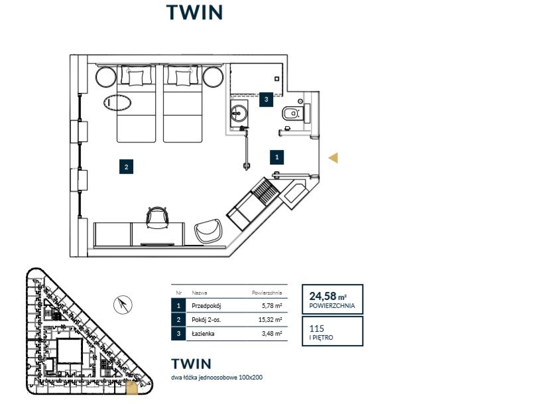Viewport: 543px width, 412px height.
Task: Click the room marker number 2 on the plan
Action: point(126,167)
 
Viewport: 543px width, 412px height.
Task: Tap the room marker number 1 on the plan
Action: point(276,157)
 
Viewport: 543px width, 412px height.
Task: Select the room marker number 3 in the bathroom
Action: point(266,99)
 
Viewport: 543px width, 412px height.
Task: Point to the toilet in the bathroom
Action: point(291,113)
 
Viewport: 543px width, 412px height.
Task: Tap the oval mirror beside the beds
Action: point(117,103)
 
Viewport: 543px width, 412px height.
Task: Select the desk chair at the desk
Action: point(157,217)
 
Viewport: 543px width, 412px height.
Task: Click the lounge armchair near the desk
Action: point(208,230)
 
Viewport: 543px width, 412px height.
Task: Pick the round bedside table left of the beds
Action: point(105,76)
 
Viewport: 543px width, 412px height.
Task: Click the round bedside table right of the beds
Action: point(213,76)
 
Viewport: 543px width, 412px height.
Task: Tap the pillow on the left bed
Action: point(136,78)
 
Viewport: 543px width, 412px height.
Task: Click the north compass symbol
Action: point(123,305)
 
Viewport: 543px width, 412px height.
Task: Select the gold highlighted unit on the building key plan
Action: point(132,388)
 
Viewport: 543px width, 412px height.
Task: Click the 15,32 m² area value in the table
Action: point(270,320)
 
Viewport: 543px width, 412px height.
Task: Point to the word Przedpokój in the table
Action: point(206,306)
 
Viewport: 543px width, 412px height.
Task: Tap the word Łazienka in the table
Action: point(203,333)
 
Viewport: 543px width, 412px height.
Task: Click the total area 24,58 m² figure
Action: point(328,296)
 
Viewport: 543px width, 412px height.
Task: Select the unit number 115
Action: point(316,328)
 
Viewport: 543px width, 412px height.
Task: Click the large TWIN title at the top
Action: point(195,13)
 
